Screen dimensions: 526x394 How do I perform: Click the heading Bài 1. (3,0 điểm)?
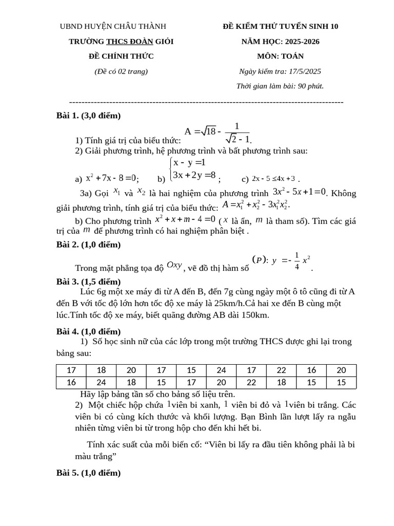pyautogui.click(x=88, y=116)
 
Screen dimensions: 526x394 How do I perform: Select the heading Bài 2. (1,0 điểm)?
pyautogui.click(x=88, y=245)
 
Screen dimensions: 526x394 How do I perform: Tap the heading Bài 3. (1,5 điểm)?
pyautogui.click(x=88, y=281)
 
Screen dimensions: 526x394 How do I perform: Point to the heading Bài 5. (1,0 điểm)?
pyautogui.click(x=88, y=473)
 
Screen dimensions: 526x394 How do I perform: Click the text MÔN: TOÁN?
pyautogui.click(x=280, y=56)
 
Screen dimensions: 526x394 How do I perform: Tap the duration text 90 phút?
pyautogui.click(x=309, y=86)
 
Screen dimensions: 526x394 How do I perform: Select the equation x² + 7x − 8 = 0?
pyautogui.click(x=111, y=178)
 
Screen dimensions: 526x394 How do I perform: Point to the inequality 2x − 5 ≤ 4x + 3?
pyautogui.click(x=273, y=179)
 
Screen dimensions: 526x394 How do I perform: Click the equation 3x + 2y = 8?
pyautogui.click(x=194, y=175)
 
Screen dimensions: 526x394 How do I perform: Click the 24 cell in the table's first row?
pyautogui.click(x=221, y=370)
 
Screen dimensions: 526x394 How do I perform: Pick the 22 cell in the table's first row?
pyautogui.click(x=281, y=370)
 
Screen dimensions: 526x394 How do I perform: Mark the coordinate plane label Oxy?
pyautogui.click(x=174, y=265)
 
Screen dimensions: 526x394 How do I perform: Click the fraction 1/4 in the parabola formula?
pyautogui.click(x=297, y=261)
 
